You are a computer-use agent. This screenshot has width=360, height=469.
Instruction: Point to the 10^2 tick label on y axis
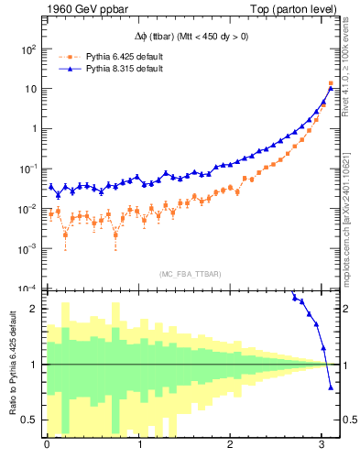[27, 49]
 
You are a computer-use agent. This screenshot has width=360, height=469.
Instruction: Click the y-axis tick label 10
[31, 89]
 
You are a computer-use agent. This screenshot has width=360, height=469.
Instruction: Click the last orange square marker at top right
[331, 83]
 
